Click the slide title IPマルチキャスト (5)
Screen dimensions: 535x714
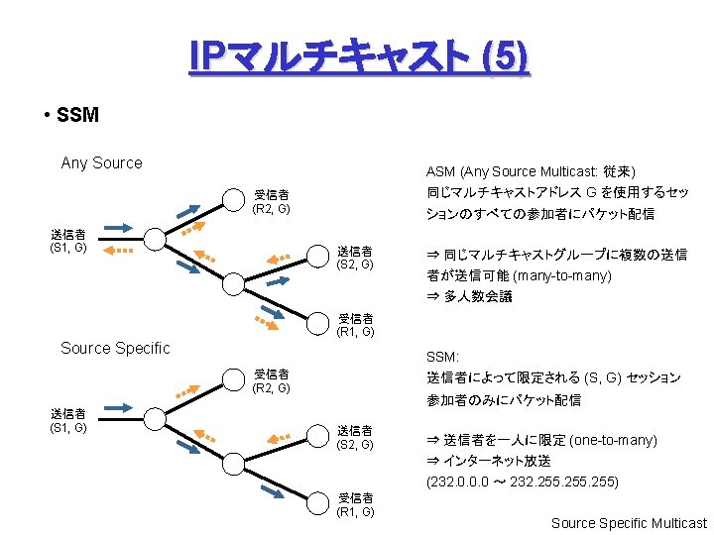click(359, 58)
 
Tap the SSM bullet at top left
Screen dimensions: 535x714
click(77, 115)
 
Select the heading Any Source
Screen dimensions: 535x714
click(101, 162)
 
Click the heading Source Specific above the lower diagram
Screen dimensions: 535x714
click(115, 348)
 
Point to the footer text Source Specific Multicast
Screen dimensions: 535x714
click(629, 523)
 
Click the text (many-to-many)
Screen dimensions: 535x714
click(561, 275)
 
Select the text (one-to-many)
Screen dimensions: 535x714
click(608, 440)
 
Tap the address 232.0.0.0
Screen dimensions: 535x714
click(458, 482)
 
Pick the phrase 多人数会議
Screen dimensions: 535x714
click(478, 296)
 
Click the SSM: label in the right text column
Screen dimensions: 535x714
click(442, 356)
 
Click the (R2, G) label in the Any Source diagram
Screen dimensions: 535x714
click(271, 209)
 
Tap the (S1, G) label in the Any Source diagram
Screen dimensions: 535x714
click(68, 248)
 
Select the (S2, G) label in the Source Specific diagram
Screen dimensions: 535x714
click(354, 445)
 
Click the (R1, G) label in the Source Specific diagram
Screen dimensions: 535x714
click(355, 511)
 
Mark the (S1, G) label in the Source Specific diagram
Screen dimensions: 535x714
click(68, 427)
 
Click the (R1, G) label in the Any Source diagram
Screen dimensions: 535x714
click(355, 332)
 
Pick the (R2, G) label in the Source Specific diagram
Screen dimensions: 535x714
click(271, 387)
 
